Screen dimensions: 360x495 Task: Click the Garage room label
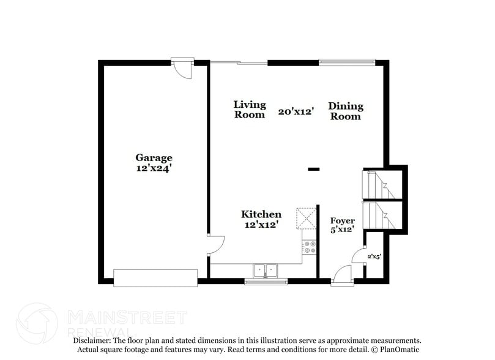(x=154, y=157)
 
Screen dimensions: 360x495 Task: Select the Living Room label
(x=250, y=110)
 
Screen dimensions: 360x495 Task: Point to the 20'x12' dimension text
(x=296, y=111)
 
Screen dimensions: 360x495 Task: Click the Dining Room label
(x=346, y=111)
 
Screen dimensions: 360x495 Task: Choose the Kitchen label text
(x=261, y=214)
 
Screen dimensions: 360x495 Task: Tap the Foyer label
(x=342, y=221)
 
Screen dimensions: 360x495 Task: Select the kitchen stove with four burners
(x=309, y=247)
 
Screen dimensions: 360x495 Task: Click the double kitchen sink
(x=266, y=269)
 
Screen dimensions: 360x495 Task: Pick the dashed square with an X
(x=305, y=218)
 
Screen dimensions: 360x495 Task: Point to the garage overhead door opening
(x=155, y=277)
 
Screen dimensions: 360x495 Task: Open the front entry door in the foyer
(x=343, y=275)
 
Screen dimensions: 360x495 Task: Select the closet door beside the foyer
(x=360, y=257)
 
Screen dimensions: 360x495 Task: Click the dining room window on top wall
(x=347, y=62)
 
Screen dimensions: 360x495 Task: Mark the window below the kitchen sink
(x=266, y=282)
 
